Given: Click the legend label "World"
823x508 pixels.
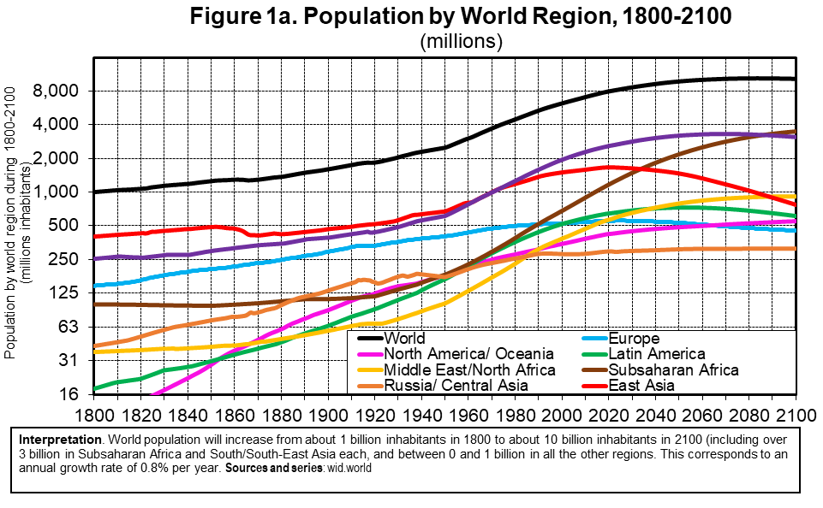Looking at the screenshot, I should click(404, 339).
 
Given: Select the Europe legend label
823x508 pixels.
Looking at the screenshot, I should click(634, 339).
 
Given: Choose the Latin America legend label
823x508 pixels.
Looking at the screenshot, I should click(656, 354).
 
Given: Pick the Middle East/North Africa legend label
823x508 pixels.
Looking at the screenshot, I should click(469, 370).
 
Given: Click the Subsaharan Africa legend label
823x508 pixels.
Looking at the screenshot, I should click(673, 370).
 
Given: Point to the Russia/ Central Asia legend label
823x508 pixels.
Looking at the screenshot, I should click(456, 386).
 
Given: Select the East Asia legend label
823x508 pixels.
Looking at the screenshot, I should click(641, 386).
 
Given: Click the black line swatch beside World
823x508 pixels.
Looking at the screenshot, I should click(370, 340).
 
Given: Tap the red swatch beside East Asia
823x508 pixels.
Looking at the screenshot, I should click(593, 387).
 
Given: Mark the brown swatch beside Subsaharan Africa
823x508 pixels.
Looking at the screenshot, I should click(593, 370).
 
